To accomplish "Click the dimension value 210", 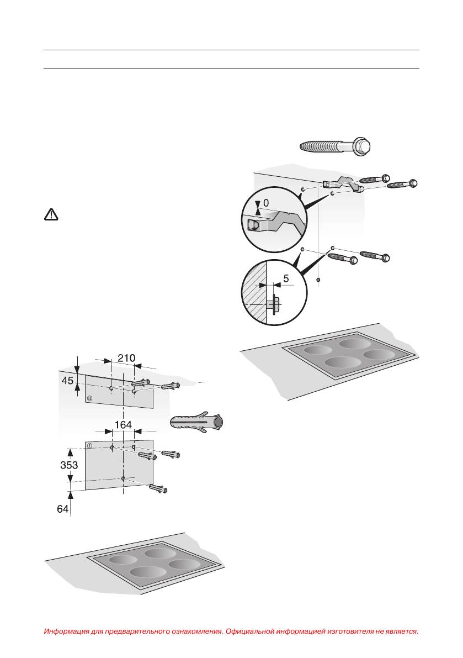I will click(126, 358).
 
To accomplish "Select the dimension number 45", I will click(67, 381).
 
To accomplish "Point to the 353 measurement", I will click(70, 465).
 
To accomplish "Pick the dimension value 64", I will click(63, 508).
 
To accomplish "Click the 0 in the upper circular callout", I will click(266, 203).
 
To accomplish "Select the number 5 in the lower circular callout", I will click(286, 279).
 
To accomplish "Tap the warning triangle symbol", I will click(50, 215).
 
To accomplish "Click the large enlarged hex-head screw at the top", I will click(335, 147).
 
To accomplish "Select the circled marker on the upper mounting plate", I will click(89, 397).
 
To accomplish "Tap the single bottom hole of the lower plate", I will click(124, 478).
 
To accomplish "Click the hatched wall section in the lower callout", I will click(254, 293).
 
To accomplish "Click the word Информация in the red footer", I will click(68, 631).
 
